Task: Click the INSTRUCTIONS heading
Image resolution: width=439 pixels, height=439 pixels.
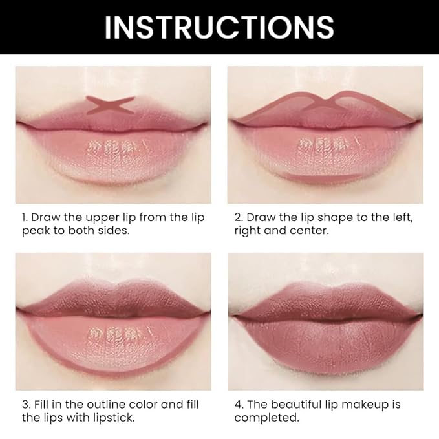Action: pos(219,27)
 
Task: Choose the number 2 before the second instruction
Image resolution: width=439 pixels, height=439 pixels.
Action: pos(237,217)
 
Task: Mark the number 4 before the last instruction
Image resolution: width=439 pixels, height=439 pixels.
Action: pos(238,405)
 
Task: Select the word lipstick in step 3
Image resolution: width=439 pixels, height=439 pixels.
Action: pos(112,418)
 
